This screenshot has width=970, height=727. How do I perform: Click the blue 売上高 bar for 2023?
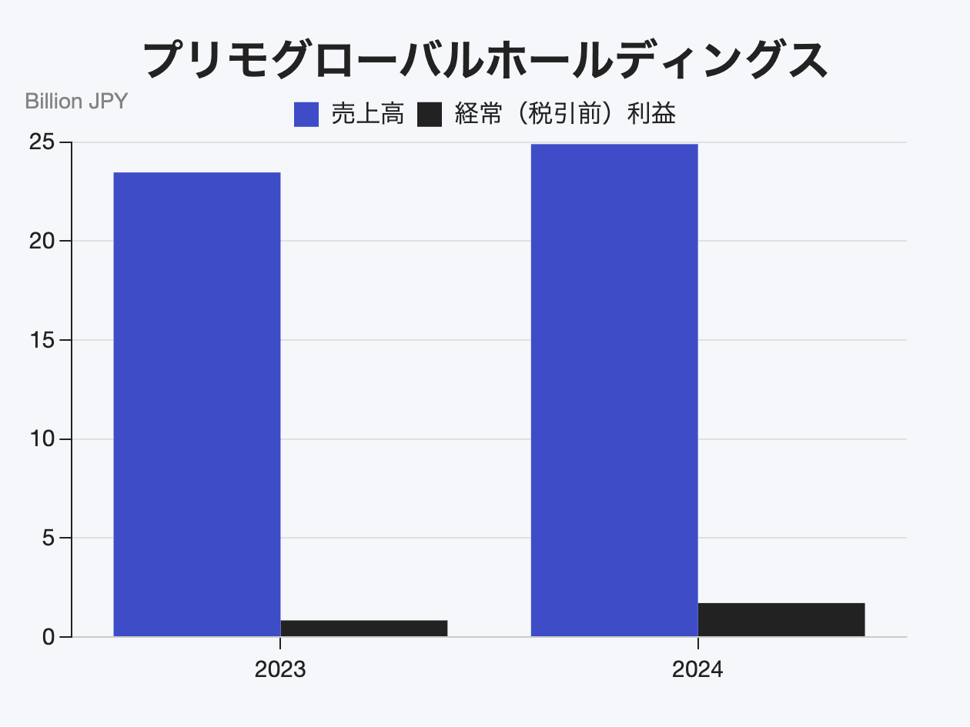point(196,404)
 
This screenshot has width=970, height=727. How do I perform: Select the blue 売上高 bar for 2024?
point(614,390)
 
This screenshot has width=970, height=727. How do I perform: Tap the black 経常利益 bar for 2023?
point(363,629)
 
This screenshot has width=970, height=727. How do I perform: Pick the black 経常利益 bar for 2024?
point(781,620)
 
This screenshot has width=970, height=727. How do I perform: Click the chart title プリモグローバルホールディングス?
point(485,60)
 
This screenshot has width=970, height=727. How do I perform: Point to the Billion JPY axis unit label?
point(76,101)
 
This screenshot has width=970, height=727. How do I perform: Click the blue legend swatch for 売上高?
point(306,115)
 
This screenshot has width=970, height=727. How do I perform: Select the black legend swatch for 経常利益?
point(429,115)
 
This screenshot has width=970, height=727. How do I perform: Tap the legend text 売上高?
point(367,115)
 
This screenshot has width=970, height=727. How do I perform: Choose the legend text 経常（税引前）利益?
point(565,115)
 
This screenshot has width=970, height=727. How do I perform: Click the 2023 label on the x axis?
point(280,670)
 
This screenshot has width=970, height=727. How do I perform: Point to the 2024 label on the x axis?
point(697,670)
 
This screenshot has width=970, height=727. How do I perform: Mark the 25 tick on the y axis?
point(43,142)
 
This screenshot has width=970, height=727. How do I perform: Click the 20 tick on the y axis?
point(43,241)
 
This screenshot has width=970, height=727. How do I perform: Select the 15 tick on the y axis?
point(43,340)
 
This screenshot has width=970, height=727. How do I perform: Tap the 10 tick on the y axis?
point(43,439)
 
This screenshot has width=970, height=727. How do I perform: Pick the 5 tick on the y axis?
point(49,538)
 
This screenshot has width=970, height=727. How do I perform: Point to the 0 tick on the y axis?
point(49,637)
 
